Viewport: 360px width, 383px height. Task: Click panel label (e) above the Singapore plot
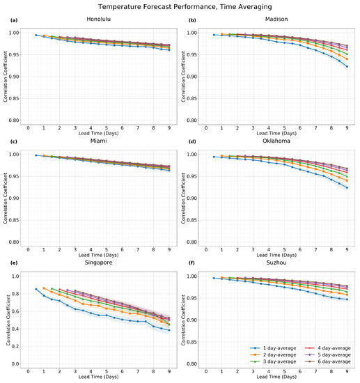13,265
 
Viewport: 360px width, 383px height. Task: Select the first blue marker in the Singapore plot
36,289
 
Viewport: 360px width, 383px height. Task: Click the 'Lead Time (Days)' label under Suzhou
278,377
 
